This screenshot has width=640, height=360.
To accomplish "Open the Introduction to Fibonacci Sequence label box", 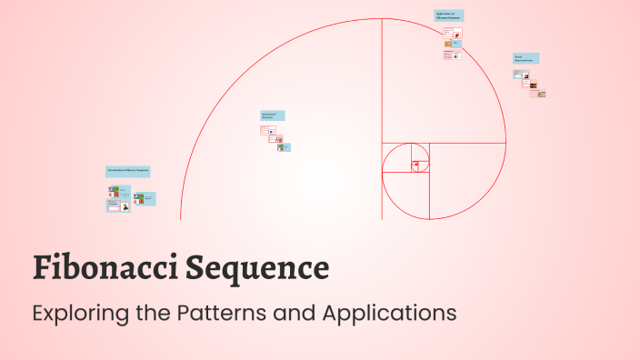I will point(127,171).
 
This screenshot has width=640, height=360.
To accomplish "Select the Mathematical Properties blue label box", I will point(273,115).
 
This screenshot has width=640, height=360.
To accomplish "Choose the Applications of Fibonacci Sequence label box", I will point(448,15).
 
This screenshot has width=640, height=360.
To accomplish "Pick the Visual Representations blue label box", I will point(525,58).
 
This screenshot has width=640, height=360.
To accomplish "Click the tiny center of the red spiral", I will point(416,165).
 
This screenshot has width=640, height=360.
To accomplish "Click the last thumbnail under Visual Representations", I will point(541,94).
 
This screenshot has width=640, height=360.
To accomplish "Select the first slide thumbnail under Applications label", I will point(448,33).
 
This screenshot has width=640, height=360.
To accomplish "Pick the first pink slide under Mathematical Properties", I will point(265,130).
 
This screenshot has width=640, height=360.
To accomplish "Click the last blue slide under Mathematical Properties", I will point(285,146).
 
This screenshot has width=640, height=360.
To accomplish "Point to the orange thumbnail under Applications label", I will point(448,44).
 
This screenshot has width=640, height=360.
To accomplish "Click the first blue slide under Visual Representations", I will point(517,74).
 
